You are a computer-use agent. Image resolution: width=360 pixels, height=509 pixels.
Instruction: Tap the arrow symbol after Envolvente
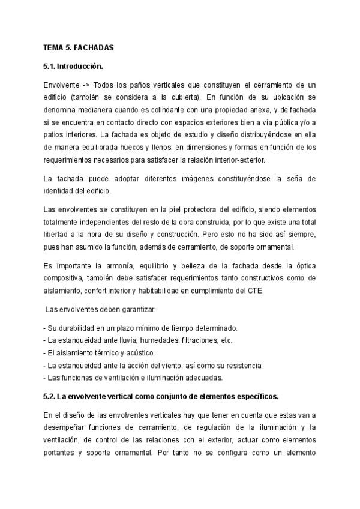pos(84,85)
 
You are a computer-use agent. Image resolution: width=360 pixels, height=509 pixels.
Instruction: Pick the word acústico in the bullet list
pos(138,353)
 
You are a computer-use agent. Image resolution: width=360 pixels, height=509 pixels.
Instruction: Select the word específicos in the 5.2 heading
pos(251,397)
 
